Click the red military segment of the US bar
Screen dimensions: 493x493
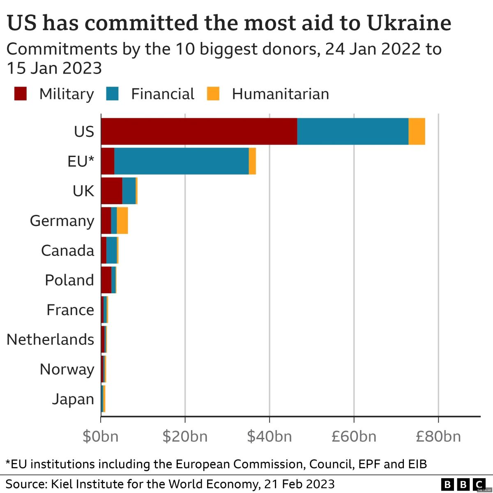[x=199, y=131]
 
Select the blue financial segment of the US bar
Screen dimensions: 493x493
[x=352, y=131]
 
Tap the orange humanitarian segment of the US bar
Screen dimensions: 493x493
[x=417, y=131]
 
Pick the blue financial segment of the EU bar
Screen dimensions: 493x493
[x=181, y=161]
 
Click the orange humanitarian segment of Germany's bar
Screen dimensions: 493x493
[x=122, y=221]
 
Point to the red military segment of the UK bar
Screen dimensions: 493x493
[x=111, y=191]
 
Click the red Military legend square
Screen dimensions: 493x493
[x=20, y=94]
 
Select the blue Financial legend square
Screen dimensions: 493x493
[x=112, y=94]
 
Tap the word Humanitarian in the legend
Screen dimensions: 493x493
[x=280, y=94]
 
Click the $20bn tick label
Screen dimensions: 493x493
[x=185, y=436]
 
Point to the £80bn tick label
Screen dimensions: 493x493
[x=438, y=436]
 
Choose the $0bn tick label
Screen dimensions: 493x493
[x=101, y=436]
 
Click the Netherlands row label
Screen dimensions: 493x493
[x=51, y=340]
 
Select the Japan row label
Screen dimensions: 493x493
[x=73, y=399]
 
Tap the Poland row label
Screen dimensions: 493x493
[x=69, y=280]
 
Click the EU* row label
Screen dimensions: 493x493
[x=81, y=161]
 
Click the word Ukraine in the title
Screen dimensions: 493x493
[x=409, y=23]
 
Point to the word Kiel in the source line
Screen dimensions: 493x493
[x=61, y=484]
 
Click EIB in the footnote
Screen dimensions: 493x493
[x=417, y=464]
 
